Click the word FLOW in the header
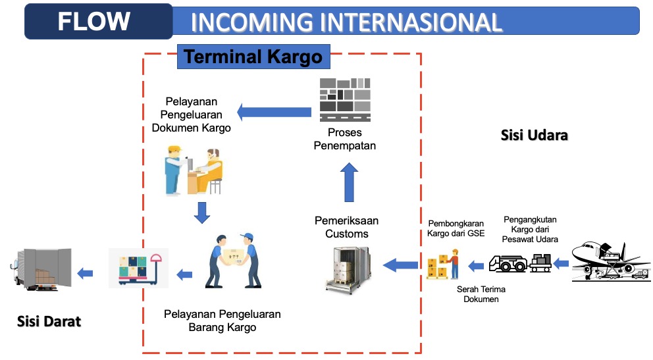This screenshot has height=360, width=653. [x=93, y=21]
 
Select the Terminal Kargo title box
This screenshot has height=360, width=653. [x=253, y=57]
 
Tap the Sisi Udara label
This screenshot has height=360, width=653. [x=535, y=136]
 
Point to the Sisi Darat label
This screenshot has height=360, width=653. [x=49, y=321]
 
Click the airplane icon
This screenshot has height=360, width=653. [x=611, y=261]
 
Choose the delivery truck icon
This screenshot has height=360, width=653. [x=41, y=269]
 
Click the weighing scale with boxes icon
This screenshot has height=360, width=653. [x=139, y=269]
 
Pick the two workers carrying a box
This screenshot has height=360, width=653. [x=234, y=261]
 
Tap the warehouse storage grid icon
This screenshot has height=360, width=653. [x=345, y=100]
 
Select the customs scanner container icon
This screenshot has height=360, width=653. [x=348, y=269]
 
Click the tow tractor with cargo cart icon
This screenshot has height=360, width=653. [x=520, y=263]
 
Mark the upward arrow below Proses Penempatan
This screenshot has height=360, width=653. [x=349, y=182]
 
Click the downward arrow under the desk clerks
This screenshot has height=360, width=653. [x=202, y=213]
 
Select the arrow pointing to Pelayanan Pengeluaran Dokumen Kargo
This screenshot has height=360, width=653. [x=274, y=112]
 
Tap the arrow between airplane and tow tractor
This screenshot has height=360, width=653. [x=561, y=263]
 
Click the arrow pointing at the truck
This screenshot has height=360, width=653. [x=85, y=273]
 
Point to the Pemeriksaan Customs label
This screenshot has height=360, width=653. [x=346, y=227]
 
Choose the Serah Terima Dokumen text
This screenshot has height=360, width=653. [x=481, y=294]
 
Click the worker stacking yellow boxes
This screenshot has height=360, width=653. [x=443, y=265]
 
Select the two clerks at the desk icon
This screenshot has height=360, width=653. [x=194, y=170]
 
